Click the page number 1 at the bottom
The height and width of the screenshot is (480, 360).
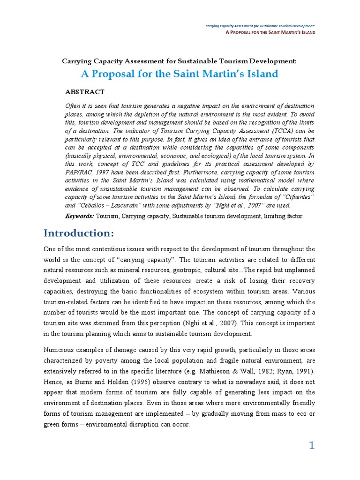pyautogui.click(x=312, y=446)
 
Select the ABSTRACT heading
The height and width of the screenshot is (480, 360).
pyautogui.click(x=85, y=92)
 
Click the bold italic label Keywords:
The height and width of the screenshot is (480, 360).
pyautogui.click(x=80, y=216)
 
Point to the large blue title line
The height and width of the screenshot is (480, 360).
pyautogui.click(x=180, y=74)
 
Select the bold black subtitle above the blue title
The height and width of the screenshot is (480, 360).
pyautogui.click(x=180, y=61)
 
